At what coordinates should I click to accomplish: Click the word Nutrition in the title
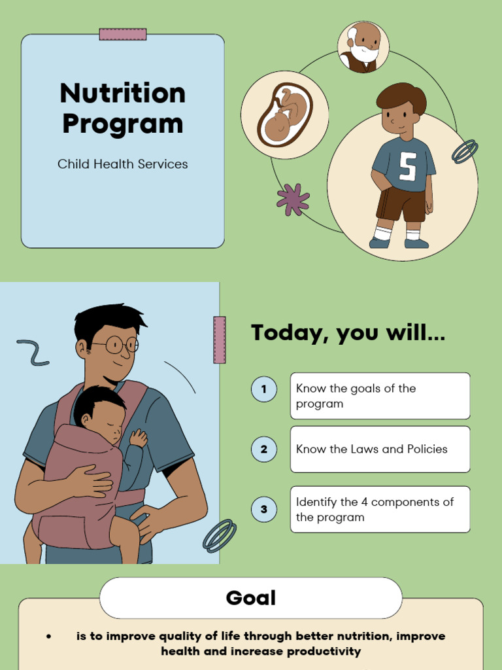click(123, 93)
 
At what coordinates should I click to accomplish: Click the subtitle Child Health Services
click(123, 164)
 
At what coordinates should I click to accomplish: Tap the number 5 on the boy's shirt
click(407, 166)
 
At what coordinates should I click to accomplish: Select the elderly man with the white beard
click(363, 47)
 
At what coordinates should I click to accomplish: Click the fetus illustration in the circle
click(285, 115)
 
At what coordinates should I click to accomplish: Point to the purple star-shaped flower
click(293, 199)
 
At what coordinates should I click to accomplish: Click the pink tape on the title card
click(123, 35)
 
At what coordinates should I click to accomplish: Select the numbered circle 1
click(264, 389)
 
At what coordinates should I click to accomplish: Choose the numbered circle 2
click(264, 449)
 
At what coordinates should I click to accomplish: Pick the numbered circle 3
click(264, 509)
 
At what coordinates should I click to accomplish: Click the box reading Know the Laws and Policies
click(380, 449)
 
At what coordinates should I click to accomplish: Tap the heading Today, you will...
click(348, 333)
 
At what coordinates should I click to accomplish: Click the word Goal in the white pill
click(251, 598)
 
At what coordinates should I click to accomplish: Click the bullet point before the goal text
click(49, 637)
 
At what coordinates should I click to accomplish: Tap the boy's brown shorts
click(401, 204)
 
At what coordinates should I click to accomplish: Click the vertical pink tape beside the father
click(220, 340)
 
